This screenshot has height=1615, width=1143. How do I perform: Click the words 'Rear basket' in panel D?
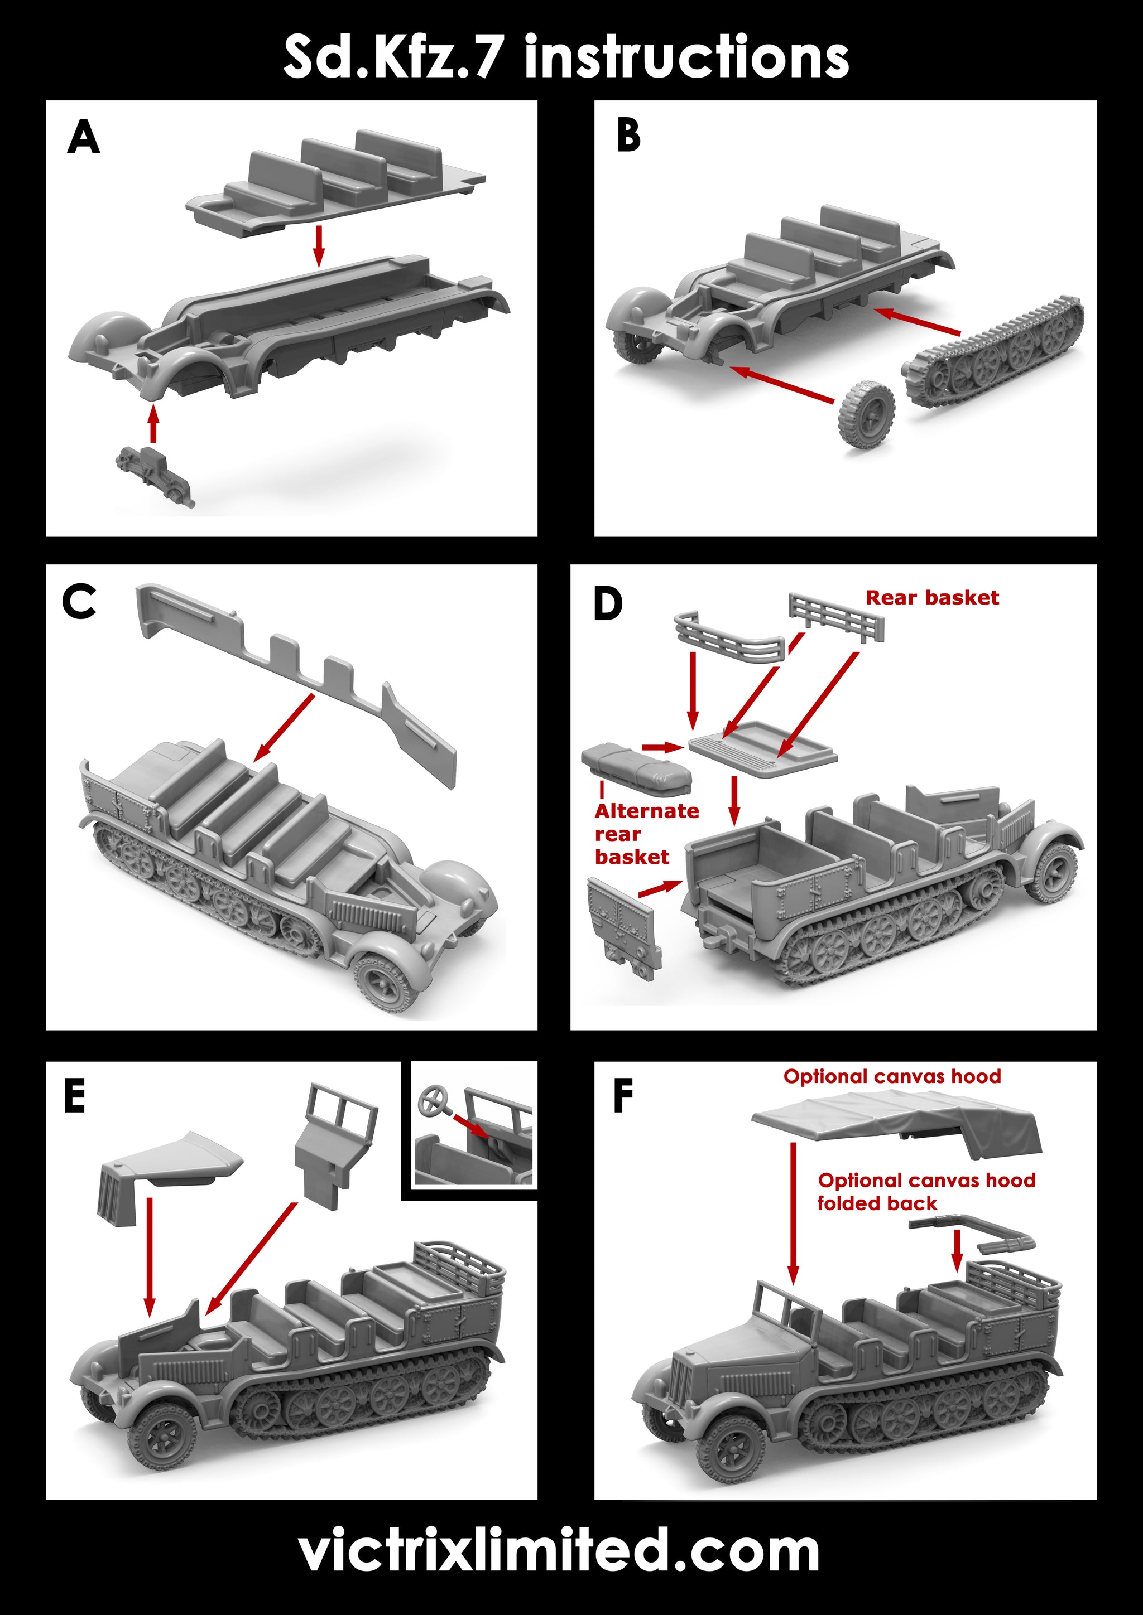pos(932,598)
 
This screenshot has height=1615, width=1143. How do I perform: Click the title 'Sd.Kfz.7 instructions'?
pos(566,57)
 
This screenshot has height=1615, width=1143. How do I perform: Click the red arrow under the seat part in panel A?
pos(320,245)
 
